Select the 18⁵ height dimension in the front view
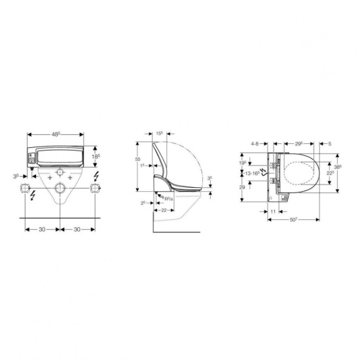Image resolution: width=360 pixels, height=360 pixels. [95, 157]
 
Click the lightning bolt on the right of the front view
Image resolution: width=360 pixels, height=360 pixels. [97, 177]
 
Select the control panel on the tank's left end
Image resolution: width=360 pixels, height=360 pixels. [31, 158]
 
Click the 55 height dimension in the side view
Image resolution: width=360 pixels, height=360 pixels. [137, 159]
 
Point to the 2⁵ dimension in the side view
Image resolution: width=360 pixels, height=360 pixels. [144, 204]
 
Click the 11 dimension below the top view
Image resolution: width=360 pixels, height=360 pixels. [272, 213]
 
